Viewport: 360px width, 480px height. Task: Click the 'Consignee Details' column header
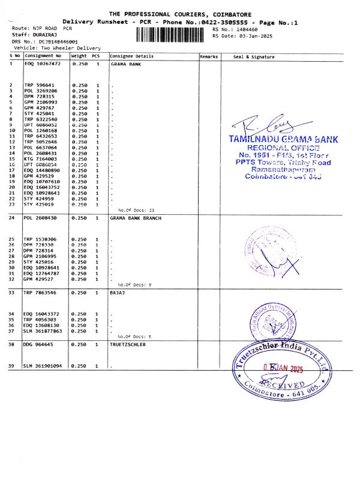[132, 56]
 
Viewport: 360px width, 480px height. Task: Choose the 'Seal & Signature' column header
[253, 56]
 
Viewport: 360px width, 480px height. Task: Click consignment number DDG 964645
[41, 344]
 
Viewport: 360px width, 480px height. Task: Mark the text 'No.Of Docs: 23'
[136, 211]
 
